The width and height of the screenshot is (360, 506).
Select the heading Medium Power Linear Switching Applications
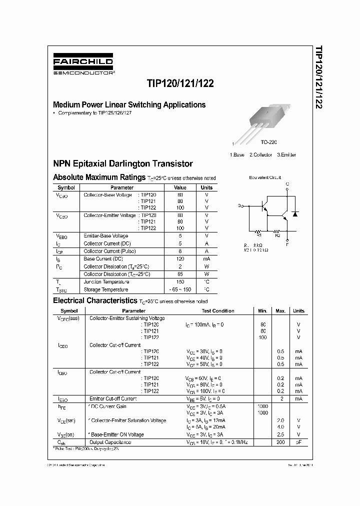click(129, 105)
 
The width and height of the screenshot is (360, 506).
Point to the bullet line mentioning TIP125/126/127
click(95, 113)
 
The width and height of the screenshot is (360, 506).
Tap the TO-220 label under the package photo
click(268, 142)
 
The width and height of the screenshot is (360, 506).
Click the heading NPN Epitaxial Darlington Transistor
click(123, 164)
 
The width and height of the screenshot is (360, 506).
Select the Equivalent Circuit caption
click(265, 177)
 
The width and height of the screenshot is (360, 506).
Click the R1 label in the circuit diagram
click(258, 234)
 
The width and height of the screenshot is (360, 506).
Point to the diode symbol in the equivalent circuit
click(295, 214)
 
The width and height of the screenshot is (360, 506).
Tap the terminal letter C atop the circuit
click(287, 184)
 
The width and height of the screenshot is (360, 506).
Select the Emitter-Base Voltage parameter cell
click(106, 236)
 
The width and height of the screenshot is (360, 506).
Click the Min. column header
click(263, 311)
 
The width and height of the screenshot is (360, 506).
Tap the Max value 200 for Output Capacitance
click(280, 442)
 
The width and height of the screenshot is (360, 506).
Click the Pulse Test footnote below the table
click(86, 449)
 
